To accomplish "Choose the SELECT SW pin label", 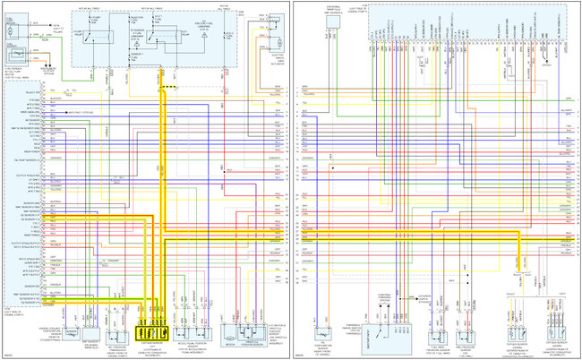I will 33,92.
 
